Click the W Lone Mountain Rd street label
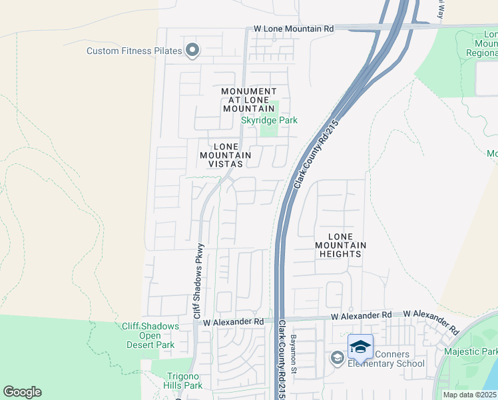tap(294, 29)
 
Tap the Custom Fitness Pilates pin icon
tap(192, 51)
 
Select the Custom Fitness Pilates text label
tap(134, 51)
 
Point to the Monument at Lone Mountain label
tap(248, 100)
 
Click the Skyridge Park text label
tap(269, 120)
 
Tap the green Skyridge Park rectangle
tap(269, 128)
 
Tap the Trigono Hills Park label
tap(183, 381)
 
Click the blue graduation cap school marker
tap(360, 347)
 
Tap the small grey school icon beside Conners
tap(336, 359)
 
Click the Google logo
tap(22, 392)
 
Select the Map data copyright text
tap(470, 395)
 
